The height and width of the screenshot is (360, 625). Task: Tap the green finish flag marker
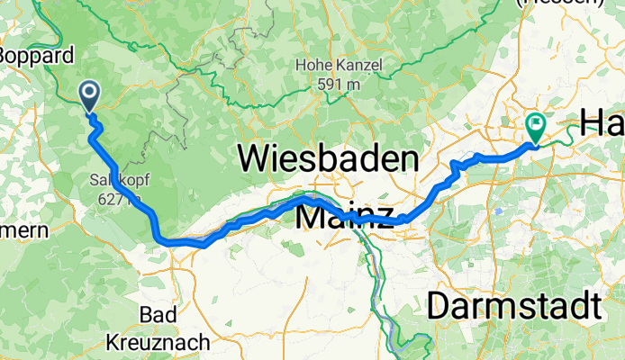click(535, 127)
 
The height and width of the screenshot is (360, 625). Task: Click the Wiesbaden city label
click(329, 160)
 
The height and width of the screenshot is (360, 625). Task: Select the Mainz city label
click(345, 216)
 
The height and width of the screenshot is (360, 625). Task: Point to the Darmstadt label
click(513, 306)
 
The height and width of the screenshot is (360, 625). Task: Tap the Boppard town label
click(36, 56)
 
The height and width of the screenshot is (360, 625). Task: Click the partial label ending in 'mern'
click(24, 230)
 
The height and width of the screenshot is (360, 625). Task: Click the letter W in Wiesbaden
click(256, 160)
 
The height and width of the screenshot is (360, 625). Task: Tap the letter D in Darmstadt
click(440, 306)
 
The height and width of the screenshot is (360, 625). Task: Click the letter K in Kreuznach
click(113, 342)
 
